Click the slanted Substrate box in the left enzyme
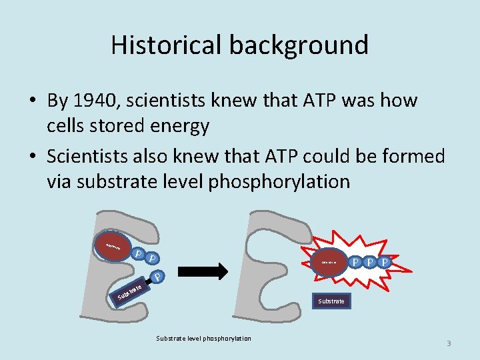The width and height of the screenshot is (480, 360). [x=129, y=292]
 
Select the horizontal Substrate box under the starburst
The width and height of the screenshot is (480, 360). [x=331, y=301]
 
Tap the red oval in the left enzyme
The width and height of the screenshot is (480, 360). [x=110, y=247]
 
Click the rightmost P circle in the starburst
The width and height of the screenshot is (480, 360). [x=384, y=262]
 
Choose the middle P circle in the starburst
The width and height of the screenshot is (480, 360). [x=370, y=262]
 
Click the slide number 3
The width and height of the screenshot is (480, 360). [x=449, y=343]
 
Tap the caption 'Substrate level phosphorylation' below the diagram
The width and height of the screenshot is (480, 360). [x=203, y=339]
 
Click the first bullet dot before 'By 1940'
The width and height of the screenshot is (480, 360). [x=33, y=101]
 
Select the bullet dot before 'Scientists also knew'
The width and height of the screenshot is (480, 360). [x=33, y=157]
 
